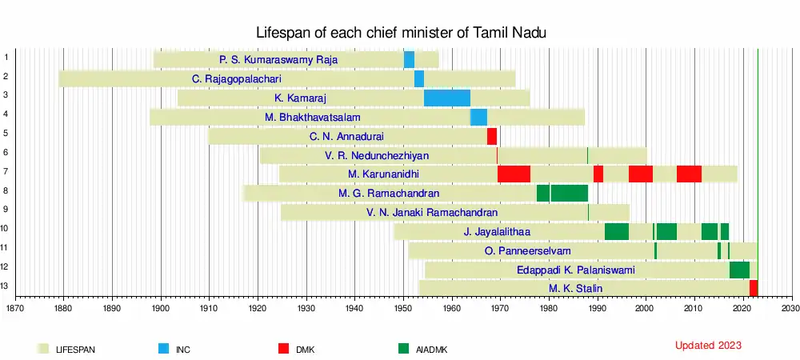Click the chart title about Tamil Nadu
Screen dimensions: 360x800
pos(401,33)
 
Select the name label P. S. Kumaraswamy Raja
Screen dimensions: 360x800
pos(278,60)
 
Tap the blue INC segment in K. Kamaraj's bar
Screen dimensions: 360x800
pos(446,98)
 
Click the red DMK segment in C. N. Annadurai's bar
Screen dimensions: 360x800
pos(492,136)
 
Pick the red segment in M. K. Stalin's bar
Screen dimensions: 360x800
pos(754,288)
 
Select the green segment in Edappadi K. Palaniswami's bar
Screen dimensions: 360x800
pos(739,270)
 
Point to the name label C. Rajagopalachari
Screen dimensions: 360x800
pos(237,79)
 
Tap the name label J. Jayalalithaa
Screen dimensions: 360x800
pos(497,232)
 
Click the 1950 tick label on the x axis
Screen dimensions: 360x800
pos(403,307)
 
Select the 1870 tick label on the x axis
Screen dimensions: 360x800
pos(15,307)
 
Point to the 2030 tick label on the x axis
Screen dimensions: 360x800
pos(790,307)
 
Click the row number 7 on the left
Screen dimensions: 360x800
pos(6,171)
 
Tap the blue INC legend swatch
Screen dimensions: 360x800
pos(164,349)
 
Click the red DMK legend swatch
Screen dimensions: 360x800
pos(283,349)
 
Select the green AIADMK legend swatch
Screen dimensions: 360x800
pos(402,349)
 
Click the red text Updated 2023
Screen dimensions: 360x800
pos(708,346)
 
